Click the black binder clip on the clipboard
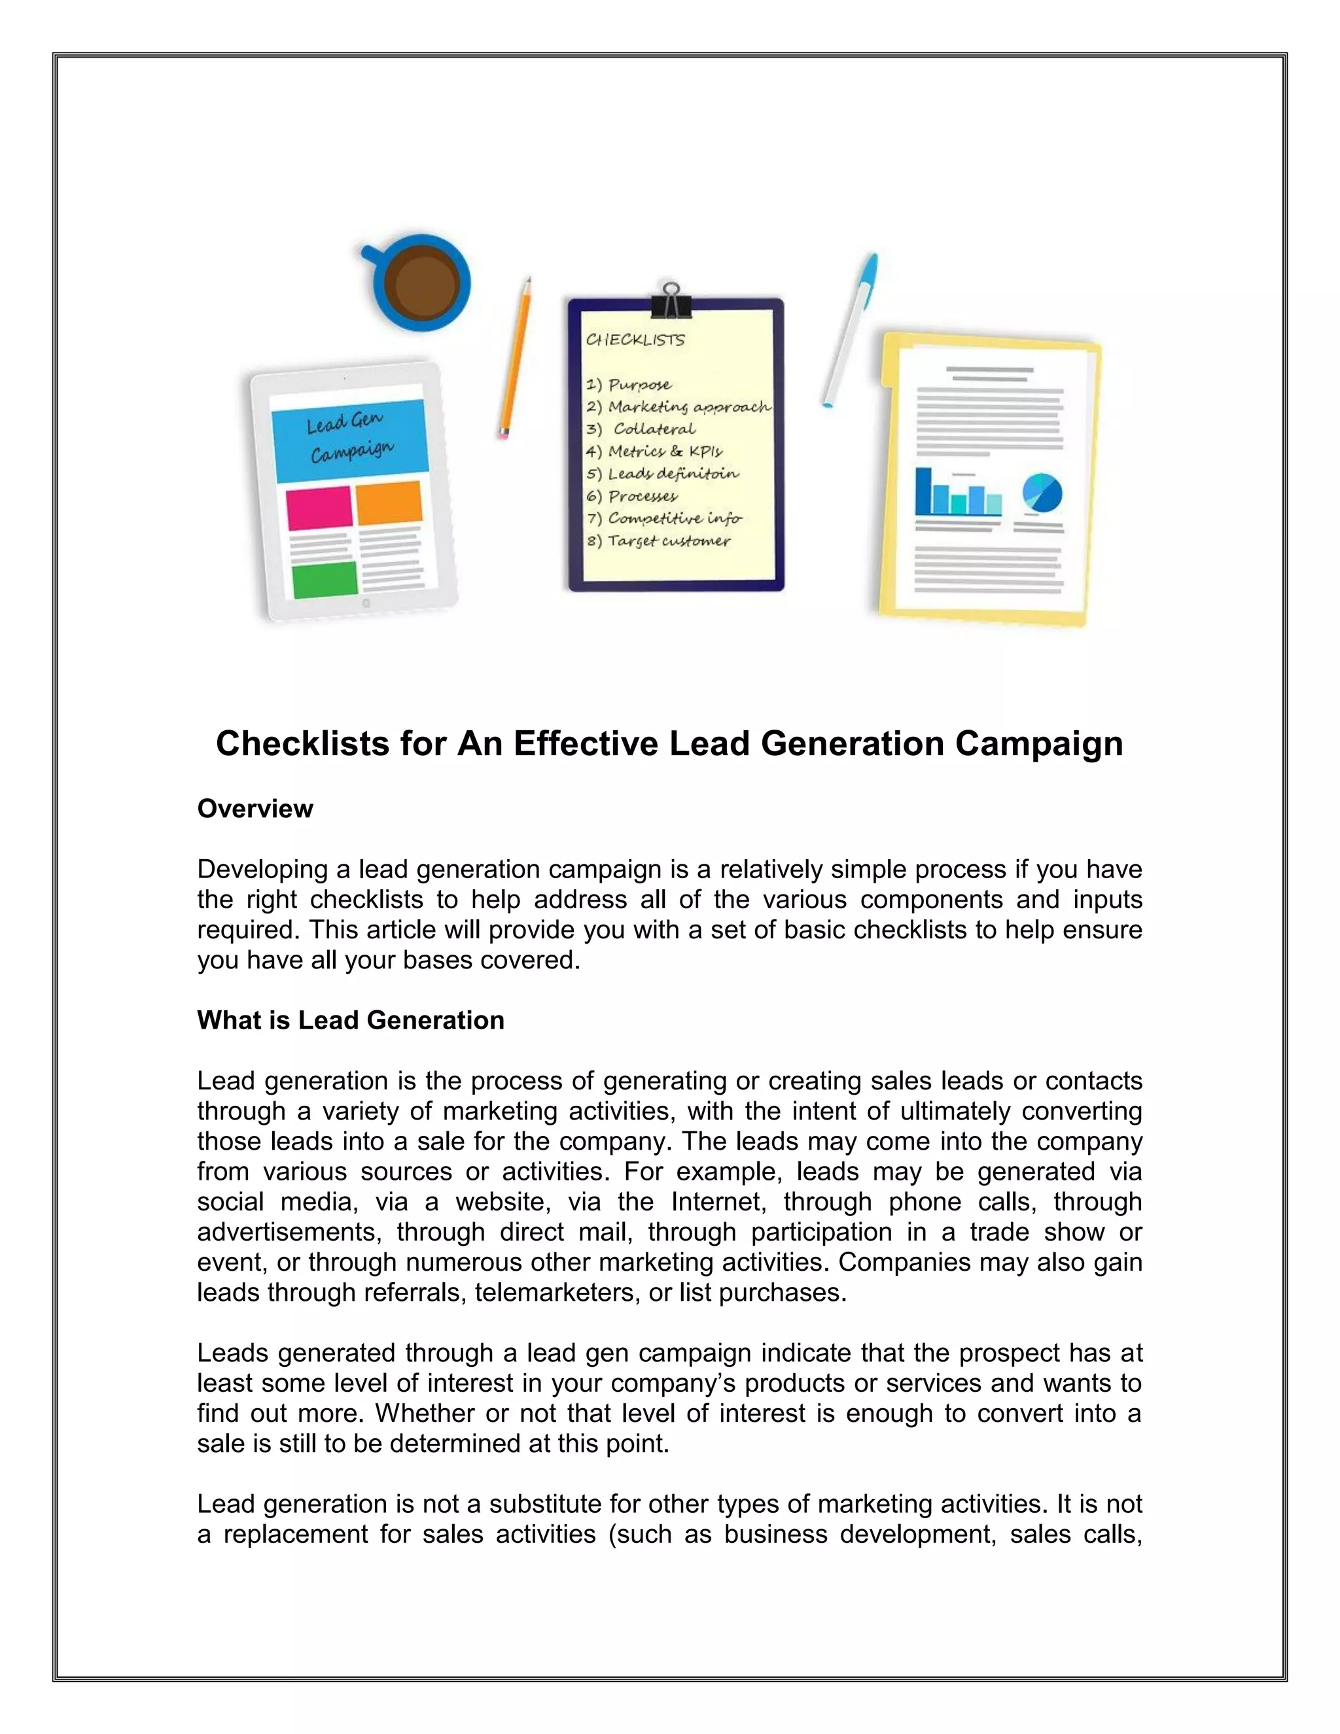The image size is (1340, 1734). point(671,302)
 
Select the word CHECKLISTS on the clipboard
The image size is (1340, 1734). point(635,340)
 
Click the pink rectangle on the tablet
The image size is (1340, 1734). point(319,508)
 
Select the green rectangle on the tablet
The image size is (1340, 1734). point(325,580)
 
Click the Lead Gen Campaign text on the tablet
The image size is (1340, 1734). point(349,438)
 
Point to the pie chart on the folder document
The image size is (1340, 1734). point(1042,493)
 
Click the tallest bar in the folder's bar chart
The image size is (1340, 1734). point(923,491)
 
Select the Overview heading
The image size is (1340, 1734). point(255,808)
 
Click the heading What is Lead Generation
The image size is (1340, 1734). point(350,1019)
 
